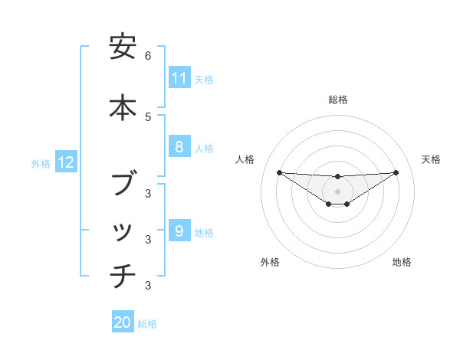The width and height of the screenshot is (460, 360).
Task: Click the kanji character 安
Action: (123, 47)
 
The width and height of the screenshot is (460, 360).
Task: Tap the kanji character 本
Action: (123, 106)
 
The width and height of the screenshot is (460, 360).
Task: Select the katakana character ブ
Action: (123, 184)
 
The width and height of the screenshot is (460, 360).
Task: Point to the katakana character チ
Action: (123, 274)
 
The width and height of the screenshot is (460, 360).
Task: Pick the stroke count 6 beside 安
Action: (148, 56)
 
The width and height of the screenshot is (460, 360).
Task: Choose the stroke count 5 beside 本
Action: (148, 116)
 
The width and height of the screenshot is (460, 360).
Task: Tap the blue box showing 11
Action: (179, 78)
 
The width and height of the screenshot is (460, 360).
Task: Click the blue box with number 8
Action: (179, 147)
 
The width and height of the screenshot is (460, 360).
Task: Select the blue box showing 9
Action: (179, 231)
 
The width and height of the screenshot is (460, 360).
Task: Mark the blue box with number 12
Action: (66, 162)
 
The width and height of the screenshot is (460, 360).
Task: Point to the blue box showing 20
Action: (123, 322)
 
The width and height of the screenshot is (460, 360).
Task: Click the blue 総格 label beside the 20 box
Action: (147, 324)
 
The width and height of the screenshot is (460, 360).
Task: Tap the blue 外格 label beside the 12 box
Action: (41, 163)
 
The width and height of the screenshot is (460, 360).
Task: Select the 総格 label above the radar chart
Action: (337, 100)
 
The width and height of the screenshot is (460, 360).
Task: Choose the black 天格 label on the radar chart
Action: (431, 159)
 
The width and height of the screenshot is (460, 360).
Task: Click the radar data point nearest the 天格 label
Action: (396, 172)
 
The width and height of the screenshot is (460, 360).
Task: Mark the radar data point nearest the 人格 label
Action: (279, 172)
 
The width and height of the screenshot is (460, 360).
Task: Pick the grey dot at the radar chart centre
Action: (337, 191)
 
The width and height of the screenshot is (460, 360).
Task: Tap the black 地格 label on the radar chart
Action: (402, 262)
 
